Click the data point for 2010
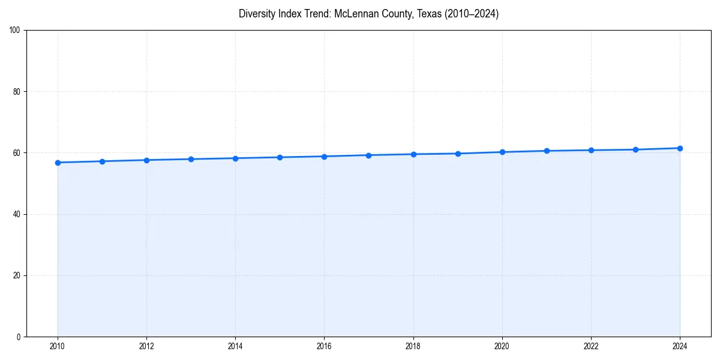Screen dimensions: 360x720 click(58, 163)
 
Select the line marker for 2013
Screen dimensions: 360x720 click(191, 159)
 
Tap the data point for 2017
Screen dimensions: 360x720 click(369, 155)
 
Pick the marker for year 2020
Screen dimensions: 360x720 click(502, 152)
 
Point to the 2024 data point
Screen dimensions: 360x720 click(680, 148)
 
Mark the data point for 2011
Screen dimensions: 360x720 click(102, 161)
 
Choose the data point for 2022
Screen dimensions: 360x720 click(591, 150)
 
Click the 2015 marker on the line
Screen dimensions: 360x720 click(280, 157)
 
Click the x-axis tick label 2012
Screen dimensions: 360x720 click(146, 346)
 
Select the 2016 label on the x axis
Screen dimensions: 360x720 click(324, 346)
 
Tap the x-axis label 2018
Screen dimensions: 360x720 click(413, 346)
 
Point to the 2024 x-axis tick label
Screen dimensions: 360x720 click(680, 346)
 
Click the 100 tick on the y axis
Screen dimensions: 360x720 click(16, 31)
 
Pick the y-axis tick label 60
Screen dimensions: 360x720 click(17, 153)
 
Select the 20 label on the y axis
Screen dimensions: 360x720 click(17, 275)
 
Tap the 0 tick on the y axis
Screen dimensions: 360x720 click(19, 337)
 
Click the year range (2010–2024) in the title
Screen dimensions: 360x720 click(472, 14)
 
